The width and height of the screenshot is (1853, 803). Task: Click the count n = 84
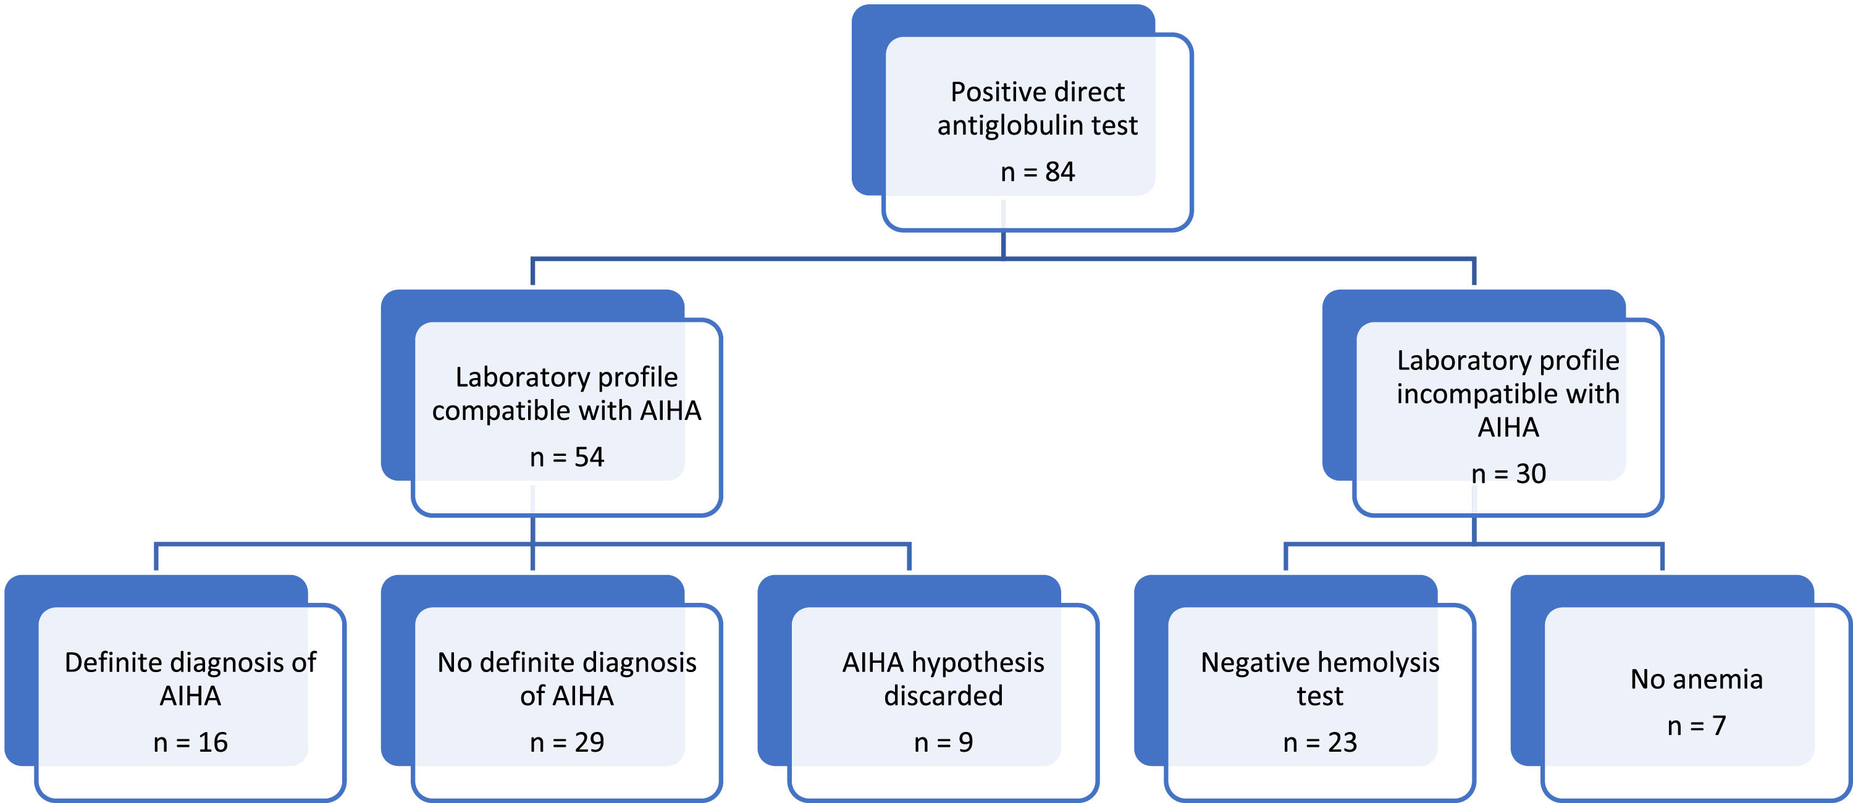coord(1037,172)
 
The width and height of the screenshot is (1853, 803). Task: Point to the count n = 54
coord(567,457)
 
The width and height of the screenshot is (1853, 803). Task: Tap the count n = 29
coord(567,742)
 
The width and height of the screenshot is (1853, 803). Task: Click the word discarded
coord(943,696)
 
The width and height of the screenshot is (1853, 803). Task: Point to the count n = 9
coord(943,742)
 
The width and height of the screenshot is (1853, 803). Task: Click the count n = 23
coord(1320,742)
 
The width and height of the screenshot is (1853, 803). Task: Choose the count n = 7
coord(1696,726)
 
